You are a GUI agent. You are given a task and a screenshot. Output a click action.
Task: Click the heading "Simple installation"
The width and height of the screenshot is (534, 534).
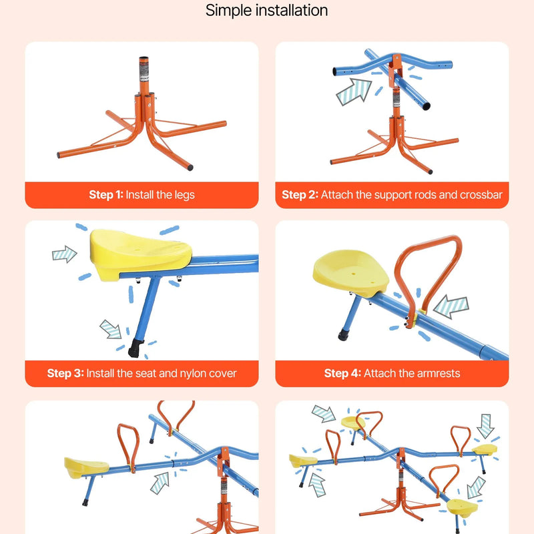click(266, 11)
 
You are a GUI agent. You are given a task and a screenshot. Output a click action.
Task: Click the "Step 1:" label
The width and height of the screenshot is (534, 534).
click(106, 195)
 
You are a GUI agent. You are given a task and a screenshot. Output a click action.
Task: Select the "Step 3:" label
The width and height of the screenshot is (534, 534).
click(65, 373)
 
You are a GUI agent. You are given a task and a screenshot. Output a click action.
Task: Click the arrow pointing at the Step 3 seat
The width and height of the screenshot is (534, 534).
click(65, 254)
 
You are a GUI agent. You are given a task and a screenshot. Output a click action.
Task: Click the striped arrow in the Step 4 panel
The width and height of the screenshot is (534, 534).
click(451, 305)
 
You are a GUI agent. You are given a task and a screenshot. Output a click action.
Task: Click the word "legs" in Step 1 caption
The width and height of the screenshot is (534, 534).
click(184, 195)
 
